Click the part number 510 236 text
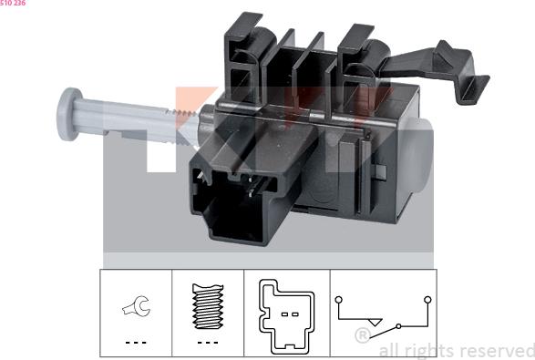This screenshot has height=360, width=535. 13,3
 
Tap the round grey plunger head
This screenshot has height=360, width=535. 69,114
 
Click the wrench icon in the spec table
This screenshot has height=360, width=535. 136,305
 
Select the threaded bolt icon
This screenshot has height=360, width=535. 208,306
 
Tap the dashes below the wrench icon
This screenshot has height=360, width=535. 136,343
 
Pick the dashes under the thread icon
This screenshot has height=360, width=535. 208,343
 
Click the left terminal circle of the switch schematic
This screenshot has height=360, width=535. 338,300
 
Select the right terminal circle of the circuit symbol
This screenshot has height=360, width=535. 427,300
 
